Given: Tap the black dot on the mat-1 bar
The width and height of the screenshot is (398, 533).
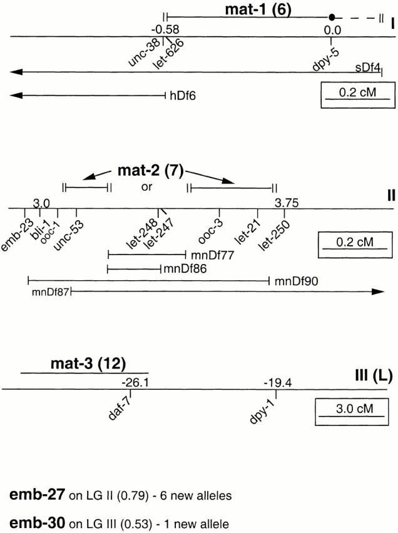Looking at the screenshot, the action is pos(333,17).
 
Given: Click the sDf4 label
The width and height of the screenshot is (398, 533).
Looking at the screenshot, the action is pos(367,67).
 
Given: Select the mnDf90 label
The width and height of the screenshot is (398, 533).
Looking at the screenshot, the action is pos(291,282).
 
